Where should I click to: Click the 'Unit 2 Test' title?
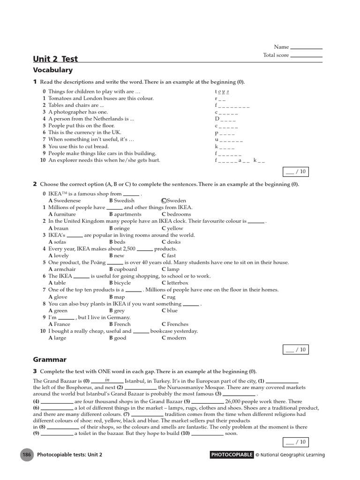point(55,59)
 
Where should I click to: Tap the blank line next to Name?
point(307,47)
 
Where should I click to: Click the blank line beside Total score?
point(307,56)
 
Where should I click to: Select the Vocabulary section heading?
point(52,70)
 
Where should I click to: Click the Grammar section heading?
point(50,360)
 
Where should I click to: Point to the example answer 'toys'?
point(222,92)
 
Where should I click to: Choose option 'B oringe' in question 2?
point(120,228)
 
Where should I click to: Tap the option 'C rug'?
point(168,297)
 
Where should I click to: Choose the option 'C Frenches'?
point(175,324)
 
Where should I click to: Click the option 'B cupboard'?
point(123,270)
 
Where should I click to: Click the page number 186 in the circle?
point(26,455)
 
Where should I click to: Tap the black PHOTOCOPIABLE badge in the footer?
point(232,455)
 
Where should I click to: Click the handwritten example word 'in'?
point(107,380)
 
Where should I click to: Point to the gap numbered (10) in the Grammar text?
point(208,434)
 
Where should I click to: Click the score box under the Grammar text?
point(296,442)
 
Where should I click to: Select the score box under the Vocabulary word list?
point(296,172)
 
